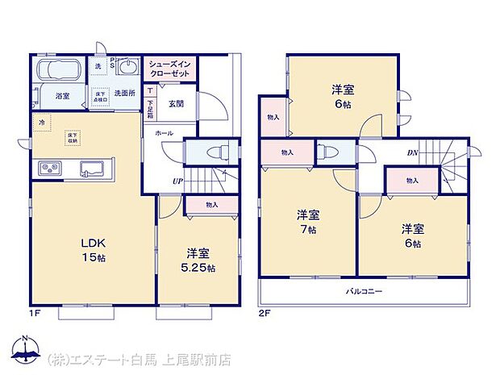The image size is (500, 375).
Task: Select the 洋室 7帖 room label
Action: [x=307, y=220]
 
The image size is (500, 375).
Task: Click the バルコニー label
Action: [x=365, y=290]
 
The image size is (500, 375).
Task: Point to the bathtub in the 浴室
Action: [x=55, y=70]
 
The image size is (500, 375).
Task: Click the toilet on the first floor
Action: [x=215, y=152]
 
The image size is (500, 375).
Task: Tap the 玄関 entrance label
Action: [x=176, y=102]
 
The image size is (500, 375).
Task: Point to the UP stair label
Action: [x=176, y=181]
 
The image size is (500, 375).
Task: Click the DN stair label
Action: [x=412, y=152]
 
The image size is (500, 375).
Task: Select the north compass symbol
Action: [x=26, y=349]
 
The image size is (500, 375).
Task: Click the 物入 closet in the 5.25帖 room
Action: [x=211, y=206]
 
